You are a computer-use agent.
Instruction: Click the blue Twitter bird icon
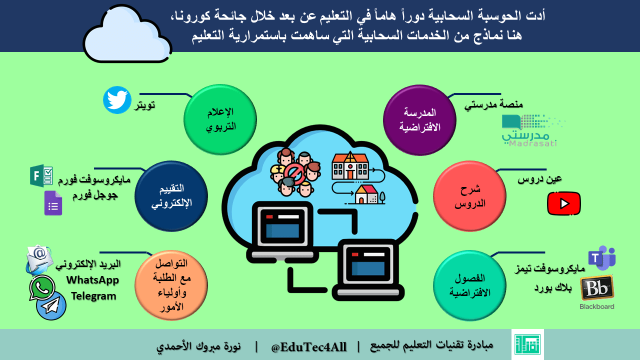(117, 100)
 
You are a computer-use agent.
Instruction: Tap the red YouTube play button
(563, 203)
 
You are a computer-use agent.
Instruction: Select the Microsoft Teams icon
(601, 258)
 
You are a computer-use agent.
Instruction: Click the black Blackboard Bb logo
(597, 287)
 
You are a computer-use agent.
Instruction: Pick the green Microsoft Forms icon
(41, 175)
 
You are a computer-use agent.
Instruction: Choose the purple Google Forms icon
(53, 203)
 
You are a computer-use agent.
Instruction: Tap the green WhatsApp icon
(41, 288)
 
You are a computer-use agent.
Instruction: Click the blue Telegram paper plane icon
(51, 305)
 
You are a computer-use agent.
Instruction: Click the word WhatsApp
(92, 280)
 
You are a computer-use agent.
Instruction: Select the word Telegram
(93, 296)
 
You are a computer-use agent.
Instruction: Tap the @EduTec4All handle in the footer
(308, 347)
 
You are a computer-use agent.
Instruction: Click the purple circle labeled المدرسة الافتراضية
(419, 120)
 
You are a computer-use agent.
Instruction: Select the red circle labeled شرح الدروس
(469, 196)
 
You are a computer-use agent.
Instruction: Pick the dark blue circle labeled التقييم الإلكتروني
(171, 196)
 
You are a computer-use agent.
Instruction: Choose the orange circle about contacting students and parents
(171, 285)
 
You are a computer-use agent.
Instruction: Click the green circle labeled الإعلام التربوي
(220, 119)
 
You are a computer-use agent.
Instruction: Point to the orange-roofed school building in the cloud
(350, 165)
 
